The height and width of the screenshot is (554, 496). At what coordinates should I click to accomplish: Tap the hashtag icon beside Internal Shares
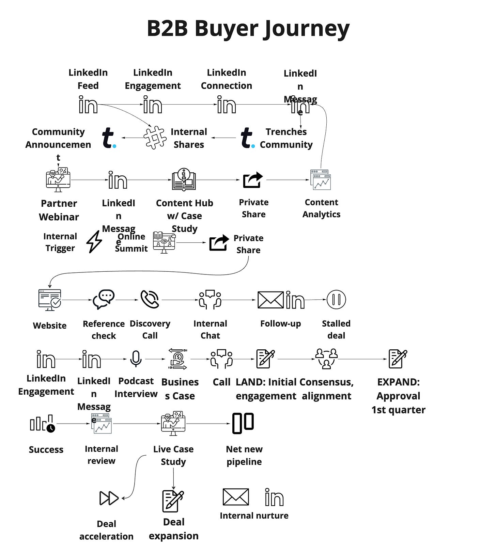point(155,137)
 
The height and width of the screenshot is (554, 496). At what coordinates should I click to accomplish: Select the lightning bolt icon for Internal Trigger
point(94,242)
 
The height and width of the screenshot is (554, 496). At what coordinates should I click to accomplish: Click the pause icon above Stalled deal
point(336,300)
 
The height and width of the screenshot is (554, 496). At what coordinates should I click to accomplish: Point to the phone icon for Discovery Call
point(150,299)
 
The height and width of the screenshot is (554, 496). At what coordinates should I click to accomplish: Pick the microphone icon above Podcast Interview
point(136,359)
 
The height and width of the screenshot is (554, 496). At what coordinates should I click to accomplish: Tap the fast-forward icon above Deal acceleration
point(109,498)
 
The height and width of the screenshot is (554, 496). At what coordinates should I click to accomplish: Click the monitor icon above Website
point(50,300)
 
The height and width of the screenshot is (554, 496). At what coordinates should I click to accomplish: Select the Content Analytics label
point(321,208)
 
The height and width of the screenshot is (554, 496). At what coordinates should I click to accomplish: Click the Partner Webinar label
point(59,210)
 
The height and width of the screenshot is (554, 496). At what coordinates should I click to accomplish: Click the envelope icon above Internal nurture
point(235,497)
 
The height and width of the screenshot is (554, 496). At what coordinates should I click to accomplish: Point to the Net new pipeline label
point(244,455)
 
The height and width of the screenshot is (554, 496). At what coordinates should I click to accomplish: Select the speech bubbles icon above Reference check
point(104,299)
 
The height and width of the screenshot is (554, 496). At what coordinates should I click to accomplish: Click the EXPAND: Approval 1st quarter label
point(398,396)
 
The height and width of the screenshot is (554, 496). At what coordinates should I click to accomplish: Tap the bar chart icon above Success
point(42,424)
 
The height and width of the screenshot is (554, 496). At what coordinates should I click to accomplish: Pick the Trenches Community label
point(286,138)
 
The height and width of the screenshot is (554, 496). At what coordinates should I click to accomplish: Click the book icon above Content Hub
point(184,179)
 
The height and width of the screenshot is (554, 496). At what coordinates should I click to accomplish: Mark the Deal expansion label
point(173,529)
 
